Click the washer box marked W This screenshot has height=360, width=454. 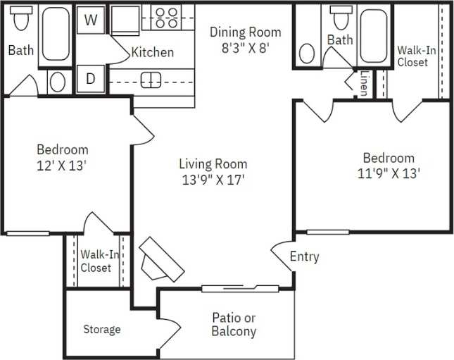[x=90, y=20]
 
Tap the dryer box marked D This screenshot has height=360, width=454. [x=90, y=79]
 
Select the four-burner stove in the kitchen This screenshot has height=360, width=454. [x=167, y=17]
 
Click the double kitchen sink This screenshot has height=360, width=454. [x=151, y=80]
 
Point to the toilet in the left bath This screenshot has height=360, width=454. [x=20, y=19]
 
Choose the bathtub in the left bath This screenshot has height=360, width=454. [x=54, y=35]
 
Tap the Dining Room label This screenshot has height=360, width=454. [x=245, y=32]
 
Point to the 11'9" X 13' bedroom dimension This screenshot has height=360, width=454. [x=389, y=173]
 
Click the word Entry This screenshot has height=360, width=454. [x=304, y=257]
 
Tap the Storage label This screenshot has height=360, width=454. [x=102, y=329]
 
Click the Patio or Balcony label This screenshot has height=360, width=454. [x=234, y=324]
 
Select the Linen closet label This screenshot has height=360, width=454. [x=363, y=83]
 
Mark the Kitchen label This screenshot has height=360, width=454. [x=153, y=52]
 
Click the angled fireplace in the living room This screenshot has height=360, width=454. [x=161, y=260]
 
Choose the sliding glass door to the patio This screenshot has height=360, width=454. [x=240, y=287]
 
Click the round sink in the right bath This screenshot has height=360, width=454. [x=308, y=54]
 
